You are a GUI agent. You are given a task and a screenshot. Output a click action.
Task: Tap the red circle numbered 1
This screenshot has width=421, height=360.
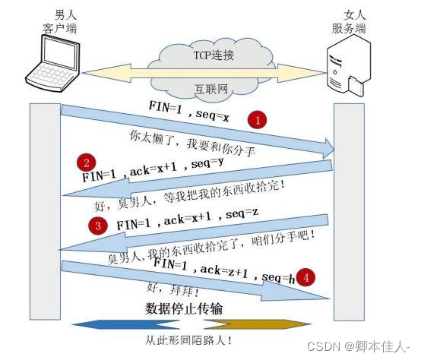[259, 120]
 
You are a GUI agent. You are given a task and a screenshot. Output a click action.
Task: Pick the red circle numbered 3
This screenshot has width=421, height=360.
[97, 226]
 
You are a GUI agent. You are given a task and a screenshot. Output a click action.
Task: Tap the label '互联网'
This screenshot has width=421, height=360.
[213, 90]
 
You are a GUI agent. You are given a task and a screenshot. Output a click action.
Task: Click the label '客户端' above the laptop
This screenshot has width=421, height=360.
[60, 29]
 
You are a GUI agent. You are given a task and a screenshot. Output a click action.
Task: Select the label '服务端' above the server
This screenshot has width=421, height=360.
[350, 29]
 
